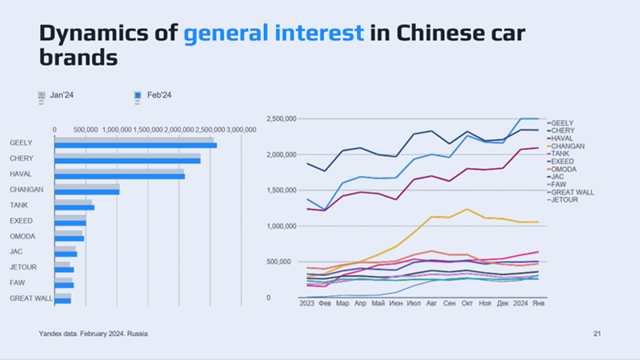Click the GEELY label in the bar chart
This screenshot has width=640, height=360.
pos(21,143)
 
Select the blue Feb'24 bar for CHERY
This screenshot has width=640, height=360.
pos(127,161)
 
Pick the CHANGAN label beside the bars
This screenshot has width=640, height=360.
pos(26,190)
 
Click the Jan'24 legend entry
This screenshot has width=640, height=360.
pos(62,95)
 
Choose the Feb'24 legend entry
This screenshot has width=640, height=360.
pos(157,95)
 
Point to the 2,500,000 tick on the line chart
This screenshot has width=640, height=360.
pos(280,118)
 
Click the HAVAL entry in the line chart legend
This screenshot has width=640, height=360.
pos(562,138)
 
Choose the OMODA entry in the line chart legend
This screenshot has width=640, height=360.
pos(564,169)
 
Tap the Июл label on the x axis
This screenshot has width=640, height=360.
pos(414,304)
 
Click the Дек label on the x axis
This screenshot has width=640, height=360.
pos(502,304)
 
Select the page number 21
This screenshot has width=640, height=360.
pos(597,333)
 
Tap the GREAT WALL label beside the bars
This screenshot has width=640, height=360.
pos(31,298)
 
